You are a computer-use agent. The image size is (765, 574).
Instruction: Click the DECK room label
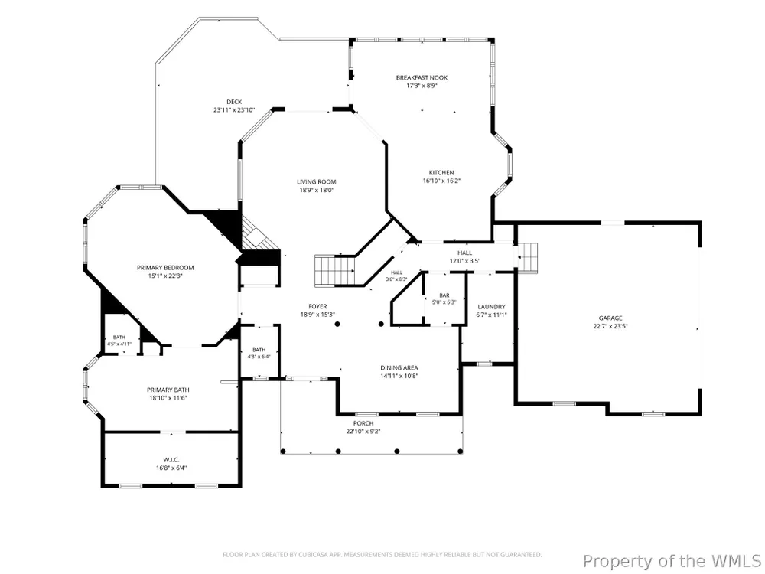(234, 102)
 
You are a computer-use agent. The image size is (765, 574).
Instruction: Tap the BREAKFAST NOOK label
(422, 77)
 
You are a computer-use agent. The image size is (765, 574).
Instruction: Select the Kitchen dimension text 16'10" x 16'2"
(441, 181)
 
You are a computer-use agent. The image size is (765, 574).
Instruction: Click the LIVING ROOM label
(317, 182)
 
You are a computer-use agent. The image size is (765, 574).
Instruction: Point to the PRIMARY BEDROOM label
(165, 268)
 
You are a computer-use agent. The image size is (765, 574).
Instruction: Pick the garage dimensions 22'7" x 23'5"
(610, 326)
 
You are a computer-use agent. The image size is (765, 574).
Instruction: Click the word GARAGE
(610, 318)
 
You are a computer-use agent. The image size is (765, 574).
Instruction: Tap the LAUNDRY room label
(491, 307)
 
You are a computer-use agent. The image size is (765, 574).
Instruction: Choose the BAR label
(444, 295)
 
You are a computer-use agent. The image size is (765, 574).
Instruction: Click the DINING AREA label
(399, 368)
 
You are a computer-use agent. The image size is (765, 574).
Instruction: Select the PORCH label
(363, 423)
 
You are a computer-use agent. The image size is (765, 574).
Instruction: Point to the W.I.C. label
(171, 460)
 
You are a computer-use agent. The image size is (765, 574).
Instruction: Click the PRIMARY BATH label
(168, 390)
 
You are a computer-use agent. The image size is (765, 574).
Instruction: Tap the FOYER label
(317, 307)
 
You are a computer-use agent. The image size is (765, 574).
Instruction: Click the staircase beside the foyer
(335, 270)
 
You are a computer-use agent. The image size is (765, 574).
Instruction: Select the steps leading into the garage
(527, 258)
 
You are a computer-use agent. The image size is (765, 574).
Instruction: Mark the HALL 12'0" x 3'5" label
(465, 256)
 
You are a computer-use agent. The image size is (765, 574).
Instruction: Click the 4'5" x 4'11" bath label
(119, 341)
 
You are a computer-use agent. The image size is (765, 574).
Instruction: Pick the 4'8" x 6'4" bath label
(259, 353)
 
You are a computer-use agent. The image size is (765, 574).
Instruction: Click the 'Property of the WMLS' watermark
(672, 561)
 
